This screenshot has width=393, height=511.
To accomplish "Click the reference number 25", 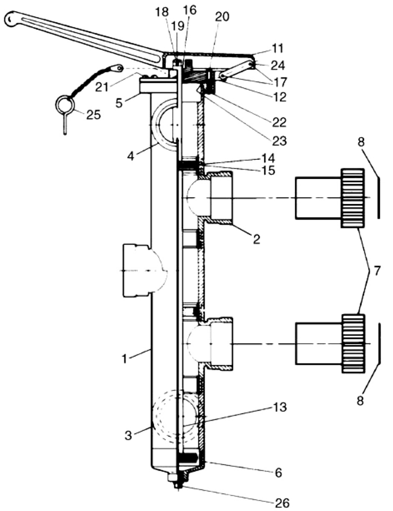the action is [93, 115].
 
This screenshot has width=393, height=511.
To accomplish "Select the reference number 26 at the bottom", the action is [282, 503].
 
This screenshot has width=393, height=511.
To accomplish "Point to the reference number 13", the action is [280, 407].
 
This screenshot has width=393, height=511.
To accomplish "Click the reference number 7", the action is [377, 270].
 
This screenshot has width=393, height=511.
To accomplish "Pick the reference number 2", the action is [257, 240].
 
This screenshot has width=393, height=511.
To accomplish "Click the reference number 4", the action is [130, 156].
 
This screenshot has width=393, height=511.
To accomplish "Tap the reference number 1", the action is [124, 359].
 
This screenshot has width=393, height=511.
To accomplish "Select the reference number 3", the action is [129, 436].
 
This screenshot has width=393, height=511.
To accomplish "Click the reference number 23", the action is [279, 141].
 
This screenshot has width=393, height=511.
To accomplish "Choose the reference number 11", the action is [277, 48].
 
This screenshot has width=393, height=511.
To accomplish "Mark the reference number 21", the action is [101, 87].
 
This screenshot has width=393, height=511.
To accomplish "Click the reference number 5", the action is [119, 103].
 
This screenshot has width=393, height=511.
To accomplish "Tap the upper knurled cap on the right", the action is [353, 198].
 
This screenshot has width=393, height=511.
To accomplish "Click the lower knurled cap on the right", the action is [353, 344].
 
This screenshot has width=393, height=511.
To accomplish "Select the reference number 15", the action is [268, 170].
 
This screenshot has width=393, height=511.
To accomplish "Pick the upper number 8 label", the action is [361, 142].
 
